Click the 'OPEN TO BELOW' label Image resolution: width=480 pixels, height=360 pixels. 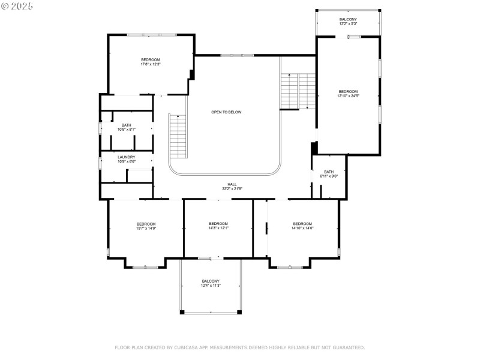[226, 112]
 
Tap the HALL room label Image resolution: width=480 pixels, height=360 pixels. [232, 184]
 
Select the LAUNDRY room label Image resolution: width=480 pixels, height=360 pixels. [126, 157]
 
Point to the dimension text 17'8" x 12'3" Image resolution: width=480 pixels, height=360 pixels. [151, 64]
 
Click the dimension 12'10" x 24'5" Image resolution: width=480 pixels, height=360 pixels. [348, 95]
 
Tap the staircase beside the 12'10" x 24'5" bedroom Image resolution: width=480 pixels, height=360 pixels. [298, 91]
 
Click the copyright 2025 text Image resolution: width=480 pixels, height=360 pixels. [17, 6]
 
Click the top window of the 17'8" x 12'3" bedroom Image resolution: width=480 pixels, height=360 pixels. [151, 35]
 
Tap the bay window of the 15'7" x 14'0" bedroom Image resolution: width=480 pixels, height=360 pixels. [145, 266]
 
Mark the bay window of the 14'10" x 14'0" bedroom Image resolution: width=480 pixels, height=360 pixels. [290, 266]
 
